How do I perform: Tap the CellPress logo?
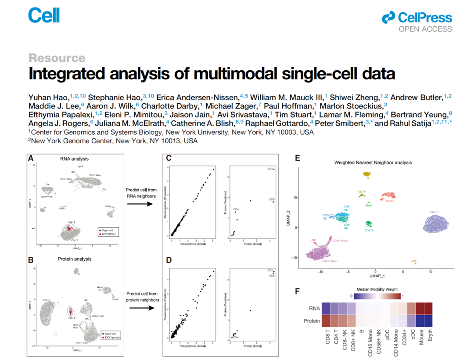click(x=417, y=18)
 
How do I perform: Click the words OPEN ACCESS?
click(x=425, y=29)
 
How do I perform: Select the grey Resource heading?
click(x=57, y=58)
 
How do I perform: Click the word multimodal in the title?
click(x=230, y=73)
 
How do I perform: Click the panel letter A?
click(x=31, y=158)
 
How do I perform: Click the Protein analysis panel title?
click(x=75, y=259)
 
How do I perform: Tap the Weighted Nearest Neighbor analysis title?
click(x=373, y=162)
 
